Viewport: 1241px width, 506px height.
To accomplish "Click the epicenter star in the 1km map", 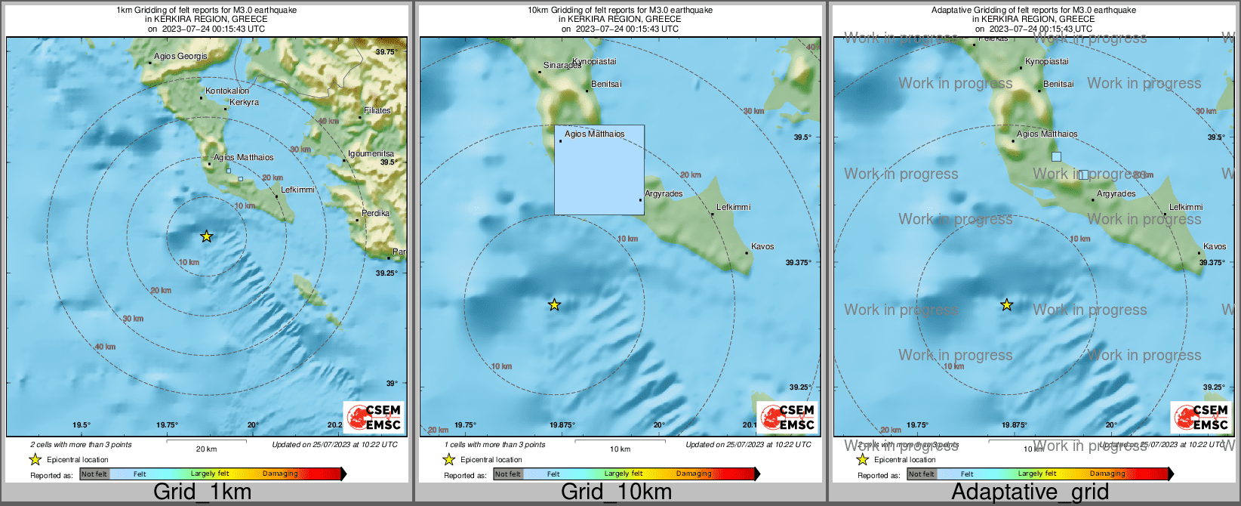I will [x=207, y=236].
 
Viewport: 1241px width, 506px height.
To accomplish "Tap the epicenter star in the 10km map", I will [x=554, y=304].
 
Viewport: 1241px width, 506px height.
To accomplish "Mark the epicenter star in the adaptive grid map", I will [x=1006, y=304].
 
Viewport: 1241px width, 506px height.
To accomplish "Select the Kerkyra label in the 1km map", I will [x=244, y=103].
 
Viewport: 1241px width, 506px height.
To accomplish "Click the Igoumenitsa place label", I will [x=371, y=153].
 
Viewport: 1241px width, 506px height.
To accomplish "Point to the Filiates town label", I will [x=377, y=110].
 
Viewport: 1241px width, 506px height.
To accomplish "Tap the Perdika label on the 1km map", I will [x=375, y=213].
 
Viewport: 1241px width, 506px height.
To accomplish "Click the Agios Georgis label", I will [x=180, y=56].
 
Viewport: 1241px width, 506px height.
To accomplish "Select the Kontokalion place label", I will [x=227, y=91].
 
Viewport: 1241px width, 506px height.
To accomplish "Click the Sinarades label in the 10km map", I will [x=562, y=66].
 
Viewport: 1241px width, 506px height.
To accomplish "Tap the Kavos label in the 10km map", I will [x=762, y=246].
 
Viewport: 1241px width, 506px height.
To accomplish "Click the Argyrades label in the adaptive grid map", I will [x=1116, y=194].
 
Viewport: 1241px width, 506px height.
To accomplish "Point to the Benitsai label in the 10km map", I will [x=606, y=84].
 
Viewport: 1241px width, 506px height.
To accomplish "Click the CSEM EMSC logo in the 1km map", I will [x=374, y=416].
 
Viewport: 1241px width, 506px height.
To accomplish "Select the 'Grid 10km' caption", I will [x=616, y=492].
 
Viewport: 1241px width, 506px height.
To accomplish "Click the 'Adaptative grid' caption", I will [x=1030, y=492].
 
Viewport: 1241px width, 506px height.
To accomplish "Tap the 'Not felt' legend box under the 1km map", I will [x=94, y=474].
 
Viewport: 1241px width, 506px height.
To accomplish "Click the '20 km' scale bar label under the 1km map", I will [x=206, y=449].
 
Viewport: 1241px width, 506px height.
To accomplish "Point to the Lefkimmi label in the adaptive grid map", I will [x=1186, y=207].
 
